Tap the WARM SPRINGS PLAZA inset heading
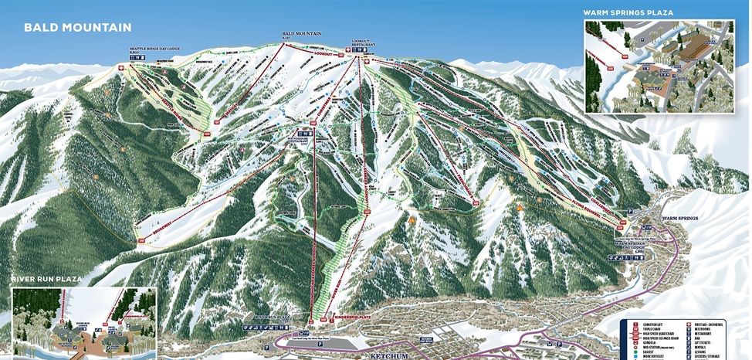pos(628,12)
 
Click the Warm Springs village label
pos(679,219)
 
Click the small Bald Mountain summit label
pos(300,35)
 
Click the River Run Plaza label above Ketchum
pos(270,316)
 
